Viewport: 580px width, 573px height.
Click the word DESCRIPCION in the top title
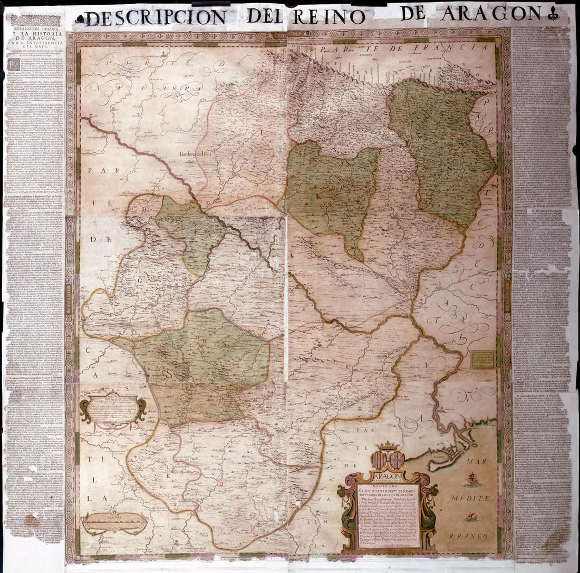156,18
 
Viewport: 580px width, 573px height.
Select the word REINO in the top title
329,16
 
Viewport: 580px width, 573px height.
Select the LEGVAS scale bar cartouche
114,522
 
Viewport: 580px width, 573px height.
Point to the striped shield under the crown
379,460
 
